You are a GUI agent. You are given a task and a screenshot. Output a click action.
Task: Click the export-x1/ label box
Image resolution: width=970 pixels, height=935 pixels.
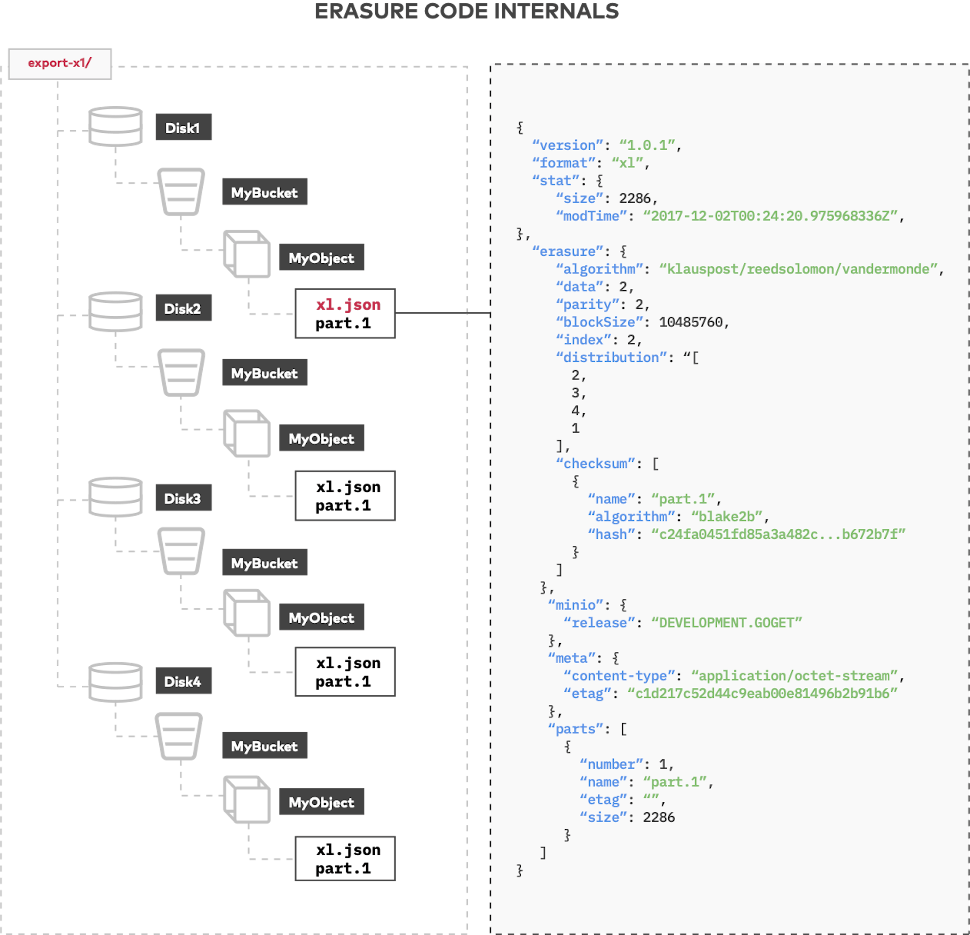pos(60,63)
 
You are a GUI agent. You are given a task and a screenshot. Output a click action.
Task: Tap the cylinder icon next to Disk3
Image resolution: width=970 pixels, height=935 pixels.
pos(115,498)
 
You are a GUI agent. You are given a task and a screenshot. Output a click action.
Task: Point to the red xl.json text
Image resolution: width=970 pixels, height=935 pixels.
pos(348,305)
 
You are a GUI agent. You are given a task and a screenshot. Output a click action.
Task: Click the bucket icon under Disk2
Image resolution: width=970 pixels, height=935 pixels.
pos(181,372)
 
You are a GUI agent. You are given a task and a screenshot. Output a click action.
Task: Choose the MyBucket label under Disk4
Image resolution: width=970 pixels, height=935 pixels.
pos(264,746)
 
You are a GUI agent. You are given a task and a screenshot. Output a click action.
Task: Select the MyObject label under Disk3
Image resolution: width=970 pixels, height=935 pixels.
pos(321,618)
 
